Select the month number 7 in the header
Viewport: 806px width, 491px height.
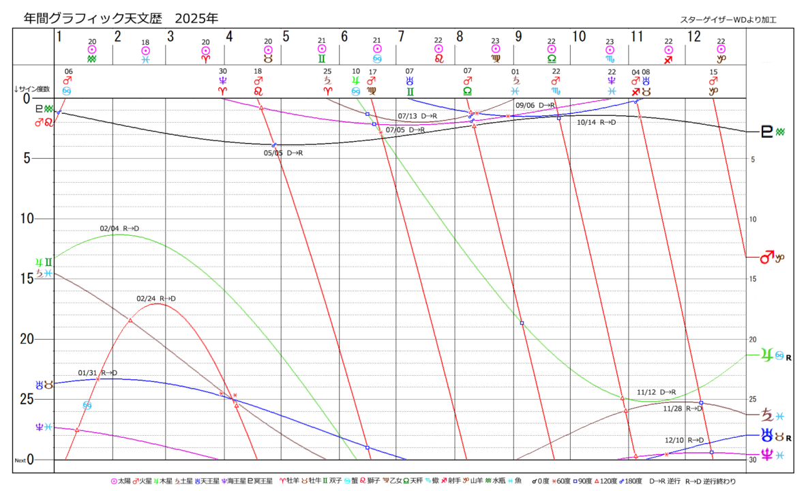pos(402,36)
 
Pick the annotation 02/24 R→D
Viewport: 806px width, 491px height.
pos(156,299)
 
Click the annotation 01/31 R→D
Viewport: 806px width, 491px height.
pos(98,373)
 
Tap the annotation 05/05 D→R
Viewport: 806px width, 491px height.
pos(283,153)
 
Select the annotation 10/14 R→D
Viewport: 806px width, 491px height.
pos(596,123)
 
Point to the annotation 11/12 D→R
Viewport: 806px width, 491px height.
pos(656,392)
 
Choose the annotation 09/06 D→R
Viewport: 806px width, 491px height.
pos(535,105)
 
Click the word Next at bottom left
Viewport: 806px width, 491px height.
pos(21,461)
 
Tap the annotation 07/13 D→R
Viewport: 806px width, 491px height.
pos(417,116)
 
